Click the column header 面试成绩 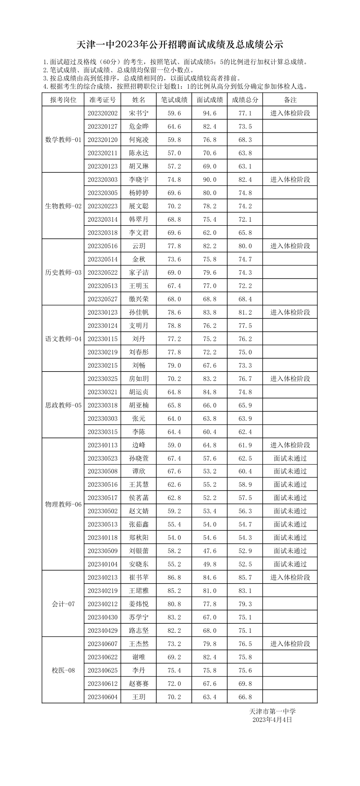click(209, 100)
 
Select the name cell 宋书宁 click(138, 113)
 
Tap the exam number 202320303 click(102, 179)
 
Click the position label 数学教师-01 click(63, 140)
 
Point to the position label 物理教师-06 click(63, 504)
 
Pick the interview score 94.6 click(209, 113)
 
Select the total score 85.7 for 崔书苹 click(245, 577)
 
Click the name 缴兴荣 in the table click(138, 299)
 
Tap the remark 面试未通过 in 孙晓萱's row click(290, 458)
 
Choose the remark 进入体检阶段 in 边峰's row click(290, 445)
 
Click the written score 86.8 click(174, 577)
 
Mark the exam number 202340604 click(102, 697)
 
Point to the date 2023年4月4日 click(272, 720)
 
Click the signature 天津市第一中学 click(272, 712)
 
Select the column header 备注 click(290, 100)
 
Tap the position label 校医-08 click(63, 670)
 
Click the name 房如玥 click(138, 379)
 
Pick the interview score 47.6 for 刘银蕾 click(209, 551)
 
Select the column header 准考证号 click(102, 100)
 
